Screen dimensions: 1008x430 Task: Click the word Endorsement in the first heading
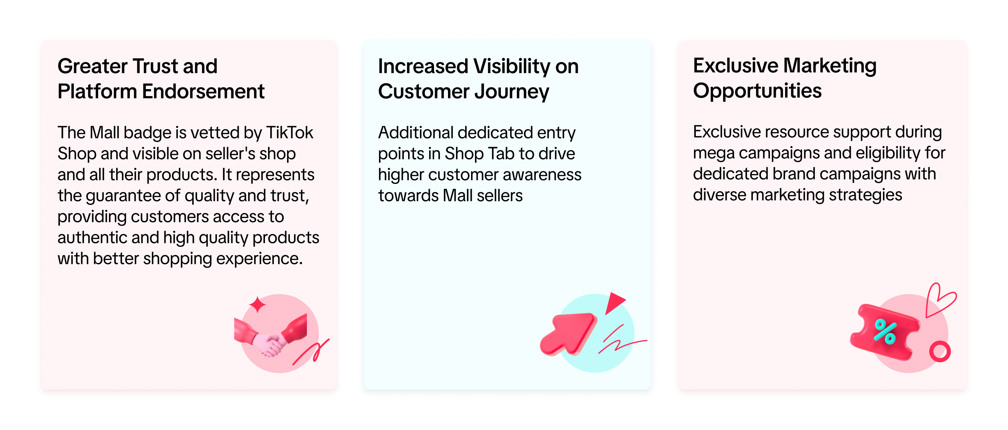[x=203, y=92]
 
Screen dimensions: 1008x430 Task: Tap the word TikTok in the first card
[x=289, y=132]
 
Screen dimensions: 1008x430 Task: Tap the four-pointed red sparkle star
[x=258, y=305]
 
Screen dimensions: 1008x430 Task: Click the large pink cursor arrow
[x=568, y=334]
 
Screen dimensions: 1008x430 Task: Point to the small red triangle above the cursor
[x=614, y=302]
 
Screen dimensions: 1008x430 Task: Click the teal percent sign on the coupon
[x=885, y=331]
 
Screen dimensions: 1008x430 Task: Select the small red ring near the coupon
[x=940, y=351]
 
